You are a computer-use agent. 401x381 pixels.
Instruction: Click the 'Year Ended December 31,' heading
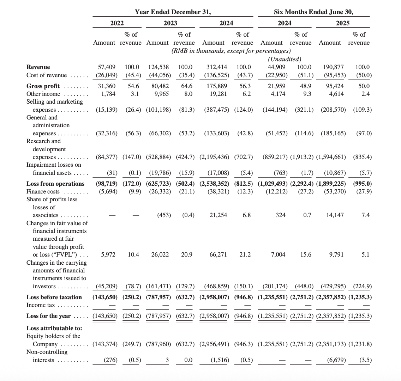(173, 12)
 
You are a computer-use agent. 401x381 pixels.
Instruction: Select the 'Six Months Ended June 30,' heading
(313, 12)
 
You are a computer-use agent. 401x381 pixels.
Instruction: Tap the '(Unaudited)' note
(285, 59)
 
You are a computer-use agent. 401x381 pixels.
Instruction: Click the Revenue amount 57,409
(107, 67)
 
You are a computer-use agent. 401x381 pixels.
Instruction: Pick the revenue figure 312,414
(217, 67)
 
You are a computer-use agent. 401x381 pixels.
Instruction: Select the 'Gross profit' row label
(43, 86)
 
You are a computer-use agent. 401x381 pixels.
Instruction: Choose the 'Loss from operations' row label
(55, 184)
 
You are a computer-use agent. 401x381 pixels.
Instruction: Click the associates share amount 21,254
(218, 215)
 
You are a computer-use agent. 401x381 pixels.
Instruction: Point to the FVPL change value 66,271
(218, 254)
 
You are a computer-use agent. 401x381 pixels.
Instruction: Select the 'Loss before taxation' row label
(54, 297)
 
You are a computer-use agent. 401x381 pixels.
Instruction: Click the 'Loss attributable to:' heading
(54, 328)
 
